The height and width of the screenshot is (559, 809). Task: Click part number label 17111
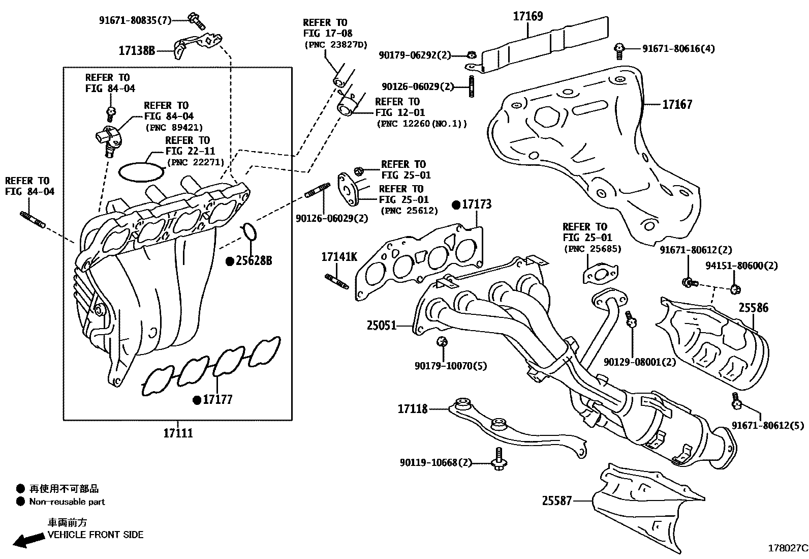click(x=178, y=433)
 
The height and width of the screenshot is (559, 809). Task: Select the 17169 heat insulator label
click(x=527, y=16)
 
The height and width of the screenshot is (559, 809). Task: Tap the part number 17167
click(x=677, y=104)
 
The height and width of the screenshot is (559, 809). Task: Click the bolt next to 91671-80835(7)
click(x=196, y=20)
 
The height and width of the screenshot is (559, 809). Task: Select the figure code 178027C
click(x=787, y=548)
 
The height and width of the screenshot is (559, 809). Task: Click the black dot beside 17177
click(x=197, y=400)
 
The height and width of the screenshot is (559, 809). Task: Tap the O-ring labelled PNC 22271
click(x=141, y=171)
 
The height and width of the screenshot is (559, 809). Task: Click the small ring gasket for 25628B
click(x=249, y=231)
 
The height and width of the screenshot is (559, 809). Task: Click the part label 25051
click(x=381, y=325)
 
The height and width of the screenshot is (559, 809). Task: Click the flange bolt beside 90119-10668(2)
click(x=497, y=460)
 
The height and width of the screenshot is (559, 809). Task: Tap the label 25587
click(x=557, y=501)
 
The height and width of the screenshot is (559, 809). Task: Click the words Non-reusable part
click(x=67, y=502)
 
